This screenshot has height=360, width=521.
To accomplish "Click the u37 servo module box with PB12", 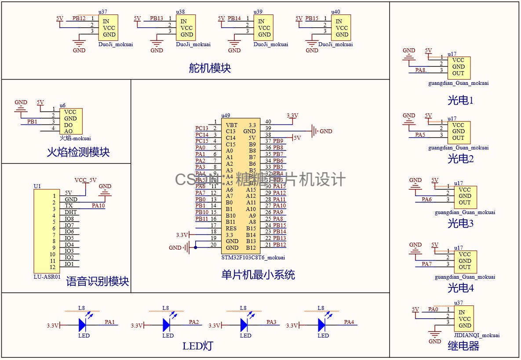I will pos(108,28).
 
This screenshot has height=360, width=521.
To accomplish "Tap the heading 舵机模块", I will pos(210,68).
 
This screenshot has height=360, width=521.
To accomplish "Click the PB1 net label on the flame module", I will pos(32,121).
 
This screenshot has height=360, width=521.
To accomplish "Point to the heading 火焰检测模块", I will pos(78,153).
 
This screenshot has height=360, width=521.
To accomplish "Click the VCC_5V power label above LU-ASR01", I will pos(85,180).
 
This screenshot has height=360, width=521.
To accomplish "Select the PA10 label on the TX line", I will pos(98,205).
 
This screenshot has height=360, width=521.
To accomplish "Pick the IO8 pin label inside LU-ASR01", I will pos(69,218).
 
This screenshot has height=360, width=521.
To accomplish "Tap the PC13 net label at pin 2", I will pos(202,128).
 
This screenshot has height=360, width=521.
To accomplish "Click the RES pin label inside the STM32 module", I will pos(231,228).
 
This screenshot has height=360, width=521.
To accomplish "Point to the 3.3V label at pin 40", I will pos(292,116).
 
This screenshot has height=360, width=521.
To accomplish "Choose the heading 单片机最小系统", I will pos(258,275).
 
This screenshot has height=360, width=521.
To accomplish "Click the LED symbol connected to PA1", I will pos(84,325).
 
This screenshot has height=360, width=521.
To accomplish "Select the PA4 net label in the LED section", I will pos(349,322).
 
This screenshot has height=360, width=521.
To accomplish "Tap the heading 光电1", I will pos(460,101).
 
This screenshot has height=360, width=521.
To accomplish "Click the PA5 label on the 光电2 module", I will pos(420,135).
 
